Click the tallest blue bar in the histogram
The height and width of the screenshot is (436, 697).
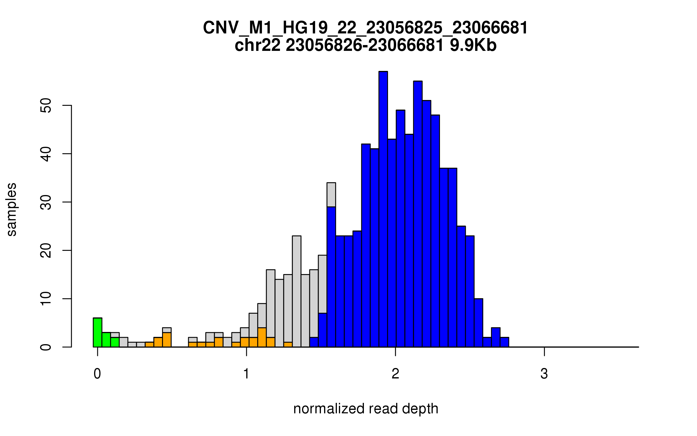point(383,209)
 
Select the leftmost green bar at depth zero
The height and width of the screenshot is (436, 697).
point(98,333)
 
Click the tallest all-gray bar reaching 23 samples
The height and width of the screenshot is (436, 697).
point(297,291)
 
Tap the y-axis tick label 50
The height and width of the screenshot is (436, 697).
point(46,105)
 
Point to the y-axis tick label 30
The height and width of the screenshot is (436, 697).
point(46,202)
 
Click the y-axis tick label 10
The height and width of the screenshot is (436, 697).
point(46,299)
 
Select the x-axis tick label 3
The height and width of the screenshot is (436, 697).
point(544,374)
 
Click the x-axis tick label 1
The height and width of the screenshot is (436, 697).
point(246,374)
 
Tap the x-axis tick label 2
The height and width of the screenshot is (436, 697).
point(395,374)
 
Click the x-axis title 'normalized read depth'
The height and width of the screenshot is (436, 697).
point(366,409)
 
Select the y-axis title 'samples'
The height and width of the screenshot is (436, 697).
point(12,209)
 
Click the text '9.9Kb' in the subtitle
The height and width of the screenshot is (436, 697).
point(473,45)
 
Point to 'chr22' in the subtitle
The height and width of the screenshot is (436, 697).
point(258,45)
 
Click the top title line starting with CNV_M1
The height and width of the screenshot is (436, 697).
point(365,28)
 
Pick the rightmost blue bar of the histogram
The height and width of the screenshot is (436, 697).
point(504,342)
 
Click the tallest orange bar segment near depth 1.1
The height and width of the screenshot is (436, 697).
point(262,337)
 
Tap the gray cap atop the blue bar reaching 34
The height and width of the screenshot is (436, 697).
point(331,195)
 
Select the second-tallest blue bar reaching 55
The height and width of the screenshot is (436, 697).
point(418,214)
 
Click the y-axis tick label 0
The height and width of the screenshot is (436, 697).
point(46,347)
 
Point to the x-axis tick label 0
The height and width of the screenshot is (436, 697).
point(97,374)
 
